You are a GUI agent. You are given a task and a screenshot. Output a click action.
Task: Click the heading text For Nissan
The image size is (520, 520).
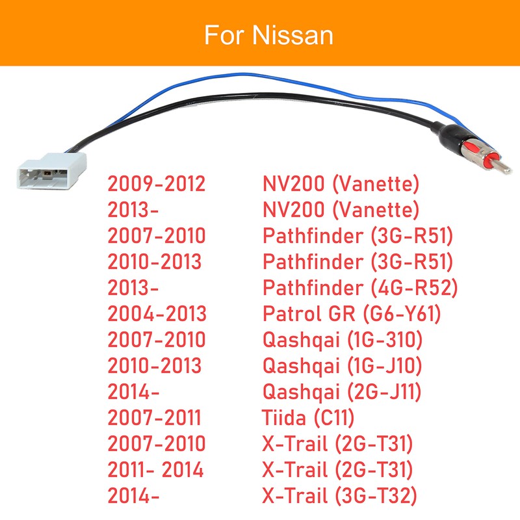(x=268, y=34)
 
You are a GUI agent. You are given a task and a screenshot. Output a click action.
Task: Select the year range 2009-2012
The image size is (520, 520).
(x=156, y=184)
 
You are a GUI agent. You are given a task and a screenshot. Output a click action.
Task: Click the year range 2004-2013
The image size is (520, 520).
(x=156, y=314)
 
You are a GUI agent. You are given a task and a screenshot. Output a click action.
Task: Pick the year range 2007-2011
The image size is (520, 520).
(x=155, y=417)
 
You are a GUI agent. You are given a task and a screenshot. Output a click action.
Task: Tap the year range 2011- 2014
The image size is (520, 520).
(x=156, y=469)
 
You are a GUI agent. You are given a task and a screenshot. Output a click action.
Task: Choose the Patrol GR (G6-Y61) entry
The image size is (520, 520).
(x=352, y=314)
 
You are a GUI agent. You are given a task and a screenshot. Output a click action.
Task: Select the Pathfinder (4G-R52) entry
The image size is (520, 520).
(x=360, y=288)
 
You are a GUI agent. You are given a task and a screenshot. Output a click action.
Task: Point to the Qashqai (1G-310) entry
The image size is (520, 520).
(x=343, y=340)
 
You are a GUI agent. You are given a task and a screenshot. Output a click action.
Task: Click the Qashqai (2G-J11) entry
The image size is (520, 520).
(x=343, y=391)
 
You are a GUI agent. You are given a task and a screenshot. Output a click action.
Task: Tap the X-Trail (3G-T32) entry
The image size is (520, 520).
(x=339, y=495)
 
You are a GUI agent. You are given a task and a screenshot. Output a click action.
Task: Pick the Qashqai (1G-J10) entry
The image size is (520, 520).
(x=343, y=365)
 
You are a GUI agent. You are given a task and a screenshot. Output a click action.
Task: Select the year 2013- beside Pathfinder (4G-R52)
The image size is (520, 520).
(x=133, y=288)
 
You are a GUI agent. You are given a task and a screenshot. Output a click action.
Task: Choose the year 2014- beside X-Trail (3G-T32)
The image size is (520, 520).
(x=133, y=495)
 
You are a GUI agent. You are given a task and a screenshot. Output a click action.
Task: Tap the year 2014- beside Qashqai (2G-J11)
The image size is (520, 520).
(x=133, y=391)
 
